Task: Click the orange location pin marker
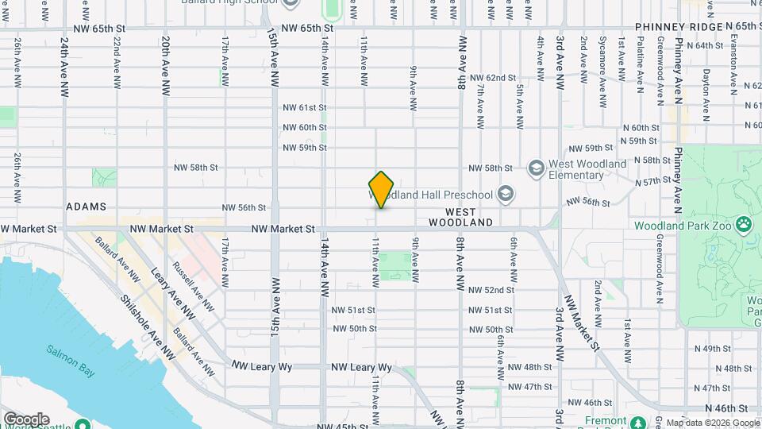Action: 382,189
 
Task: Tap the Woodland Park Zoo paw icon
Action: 744,225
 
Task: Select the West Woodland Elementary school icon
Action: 537,168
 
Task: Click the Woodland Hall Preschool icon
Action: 505,194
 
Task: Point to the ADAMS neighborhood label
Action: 86,207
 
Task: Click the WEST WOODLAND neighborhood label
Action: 468,217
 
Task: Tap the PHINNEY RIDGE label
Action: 679,27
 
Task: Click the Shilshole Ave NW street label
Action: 146,326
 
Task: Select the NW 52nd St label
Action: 491,290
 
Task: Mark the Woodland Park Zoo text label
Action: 683,226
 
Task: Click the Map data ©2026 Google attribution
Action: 713,423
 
